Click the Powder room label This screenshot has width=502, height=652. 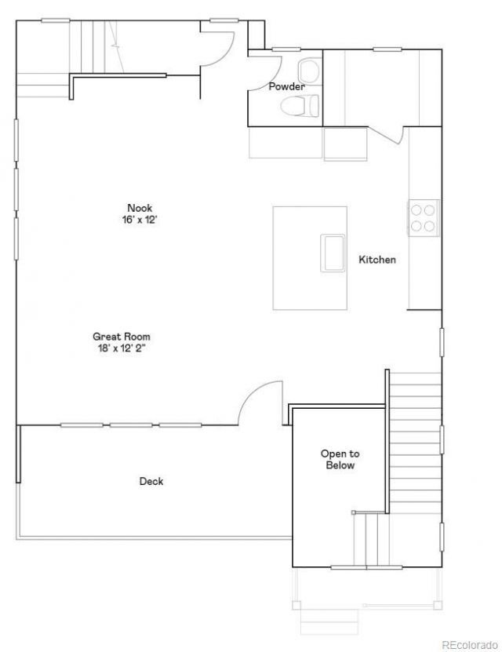tap(286, 86)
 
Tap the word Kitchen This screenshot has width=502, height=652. tap(377, 260)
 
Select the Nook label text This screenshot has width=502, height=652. tap(140, 208)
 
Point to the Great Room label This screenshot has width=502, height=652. tap(122, 337)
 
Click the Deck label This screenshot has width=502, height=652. tap(151, 481)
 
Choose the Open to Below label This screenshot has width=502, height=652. tap(340, 460)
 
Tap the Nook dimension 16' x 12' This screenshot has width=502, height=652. tap(140, 220)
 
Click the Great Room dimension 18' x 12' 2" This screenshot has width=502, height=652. tap(122, 348)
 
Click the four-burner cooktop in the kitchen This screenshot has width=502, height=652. tap(424, 218)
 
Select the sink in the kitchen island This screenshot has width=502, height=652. tap(333, 253)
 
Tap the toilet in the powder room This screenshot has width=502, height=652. tap(300, 106)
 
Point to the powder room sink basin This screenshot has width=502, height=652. tap(310, 71)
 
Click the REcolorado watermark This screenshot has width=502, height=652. tap(470, 644)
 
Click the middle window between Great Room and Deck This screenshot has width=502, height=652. tap(131, 425)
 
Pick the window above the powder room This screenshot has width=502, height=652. tap(286, 49)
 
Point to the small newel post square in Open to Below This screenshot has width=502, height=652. tap(353, 512)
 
